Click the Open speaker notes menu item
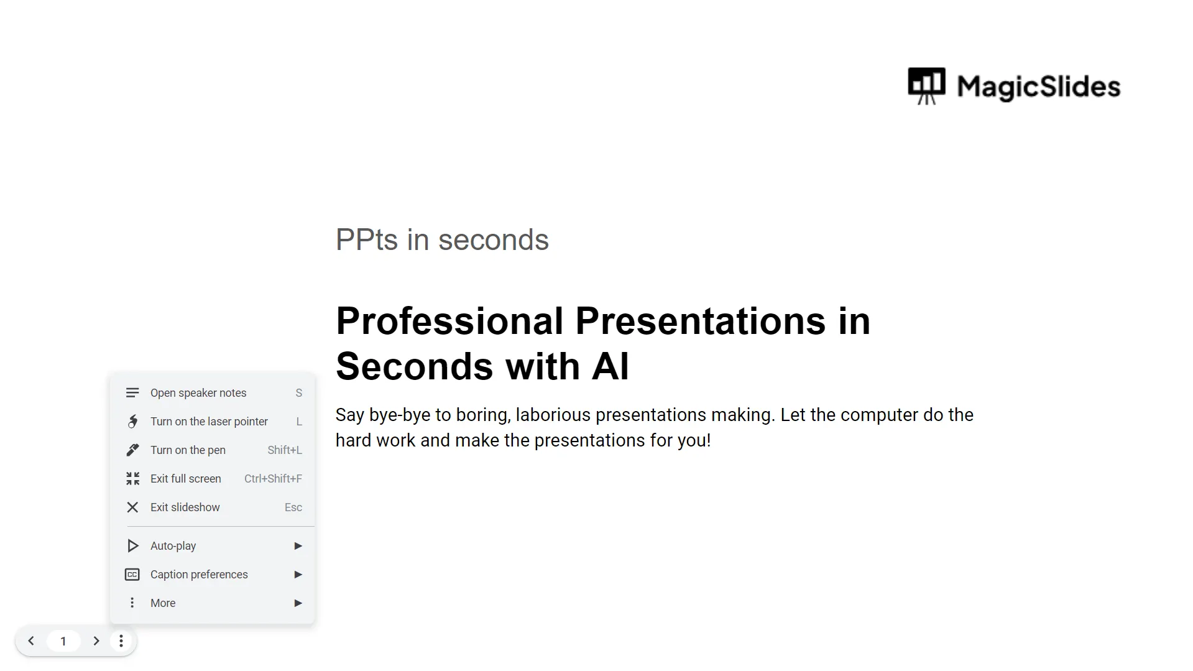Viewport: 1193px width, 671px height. click(x=212, y=393)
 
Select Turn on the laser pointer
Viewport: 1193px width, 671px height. click(x=212, y=422)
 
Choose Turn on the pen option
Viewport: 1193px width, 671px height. click(x=212, y=450)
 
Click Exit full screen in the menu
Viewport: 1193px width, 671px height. click(x=212, y=479)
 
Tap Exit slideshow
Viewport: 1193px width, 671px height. click(x=212, y=507)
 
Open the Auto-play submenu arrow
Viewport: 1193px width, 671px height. click(x=298, y=546)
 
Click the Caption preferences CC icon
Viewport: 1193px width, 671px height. click(x=132, y=575)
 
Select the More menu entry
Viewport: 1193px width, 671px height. click(x=212, y=603)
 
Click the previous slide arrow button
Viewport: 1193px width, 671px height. click(x=31, y=641)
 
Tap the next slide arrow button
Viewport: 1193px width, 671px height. click(x=96, y=641)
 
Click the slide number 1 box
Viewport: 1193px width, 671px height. click(x=63, y=641)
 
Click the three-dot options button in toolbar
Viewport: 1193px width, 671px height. click(x=121, y=641)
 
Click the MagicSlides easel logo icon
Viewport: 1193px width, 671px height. click(x=926, y=86)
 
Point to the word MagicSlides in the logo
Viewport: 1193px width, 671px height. click(x=1039, y=86)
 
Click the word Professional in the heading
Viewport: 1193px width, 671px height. click(x=449, y=321)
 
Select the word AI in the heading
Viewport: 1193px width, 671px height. click(x=610, y=366)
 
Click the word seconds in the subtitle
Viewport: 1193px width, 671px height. click(x=494, y=240)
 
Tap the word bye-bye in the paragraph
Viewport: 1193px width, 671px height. click(x=400, y=415)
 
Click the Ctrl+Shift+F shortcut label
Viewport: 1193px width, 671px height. click(x=273, y=479)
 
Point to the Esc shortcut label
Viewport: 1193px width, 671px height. click(x=293, y=507)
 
